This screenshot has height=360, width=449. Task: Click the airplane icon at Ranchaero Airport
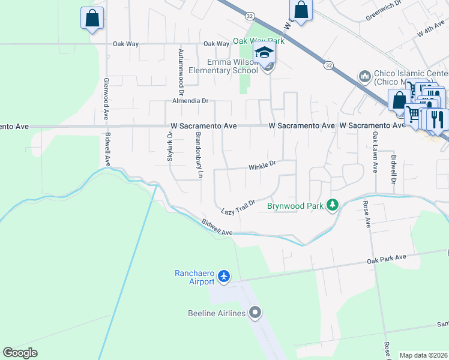[224, 276]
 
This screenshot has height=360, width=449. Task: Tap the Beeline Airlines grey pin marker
[255, 313]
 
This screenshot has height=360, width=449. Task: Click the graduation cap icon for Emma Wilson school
[264, 53]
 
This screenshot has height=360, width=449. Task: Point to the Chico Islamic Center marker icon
[364, 76]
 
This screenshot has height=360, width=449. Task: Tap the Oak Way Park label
[258, 41]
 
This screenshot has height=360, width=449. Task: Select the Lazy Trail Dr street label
[238, 207]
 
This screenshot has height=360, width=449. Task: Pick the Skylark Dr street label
[170, 146]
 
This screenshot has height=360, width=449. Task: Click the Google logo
[20, 353]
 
